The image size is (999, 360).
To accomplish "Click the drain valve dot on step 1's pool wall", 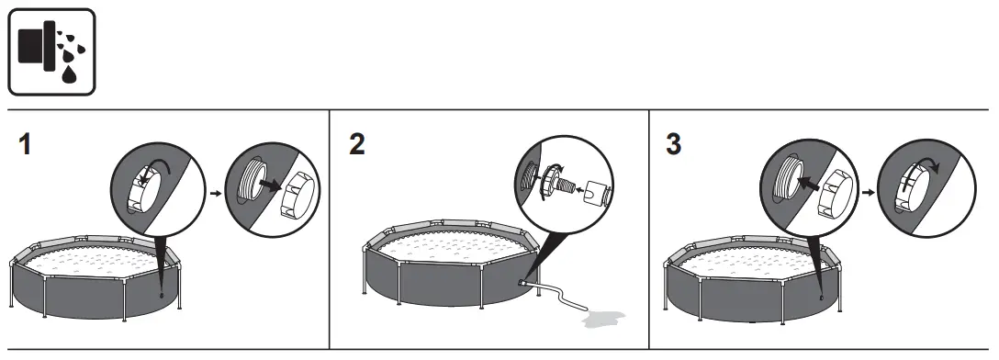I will click(163, 294).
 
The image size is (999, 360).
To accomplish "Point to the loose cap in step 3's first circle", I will click(831, 191).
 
